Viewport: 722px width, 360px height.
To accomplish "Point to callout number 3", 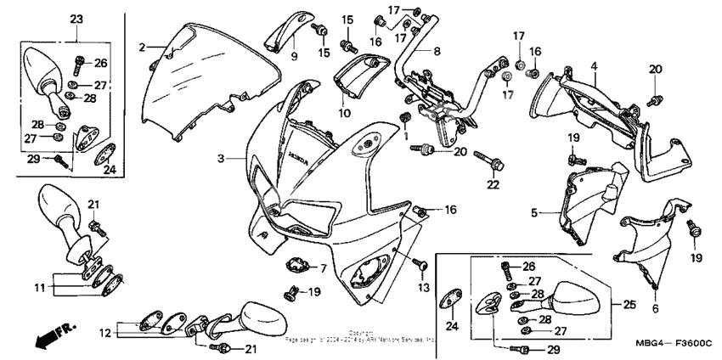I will coord(221,158).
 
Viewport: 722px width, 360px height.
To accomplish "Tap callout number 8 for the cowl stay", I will coord(437,51).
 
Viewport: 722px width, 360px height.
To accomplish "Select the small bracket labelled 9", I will coord(285,36).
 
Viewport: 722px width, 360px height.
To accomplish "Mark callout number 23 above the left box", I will coord(76,19).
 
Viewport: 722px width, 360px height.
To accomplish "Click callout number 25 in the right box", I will coord(629,303).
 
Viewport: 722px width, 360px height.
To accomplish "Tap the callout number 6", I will coord(655,309).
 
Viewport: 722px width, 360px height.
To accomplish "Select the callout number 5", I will coord(534,214).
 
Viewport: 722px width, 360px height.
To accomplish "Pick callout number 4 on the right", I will coord(594,66).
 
